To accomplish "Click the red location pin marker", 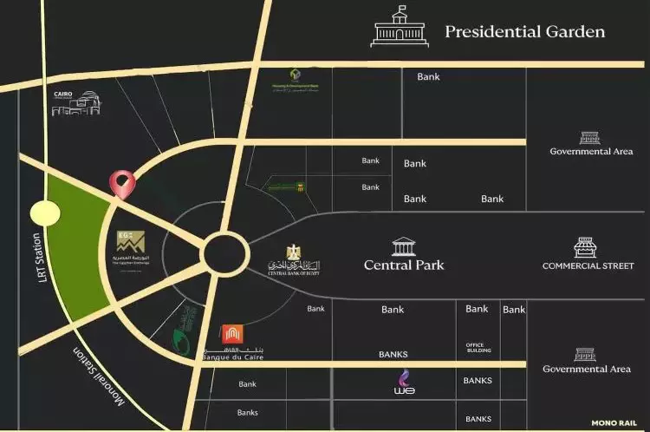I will point(122,183).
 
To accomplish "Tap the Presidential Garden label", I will point(524,32).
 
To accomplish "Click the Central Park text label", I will point(404,265).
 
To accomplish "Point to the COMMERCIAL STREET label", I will point(588,265).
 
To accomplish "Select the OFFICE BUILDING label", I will point(478,347).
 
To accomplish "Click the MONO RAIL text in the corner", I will point(615,423).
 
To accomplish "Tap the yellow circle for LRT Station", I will point(42,213).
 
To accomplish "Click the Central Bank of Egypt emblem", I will point(292,257).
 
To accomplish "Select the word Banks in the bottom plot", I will point(248,412).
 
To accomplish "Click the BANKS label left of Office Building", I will point(393,354).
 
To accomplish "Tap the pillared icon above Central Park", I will point(404,246).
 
